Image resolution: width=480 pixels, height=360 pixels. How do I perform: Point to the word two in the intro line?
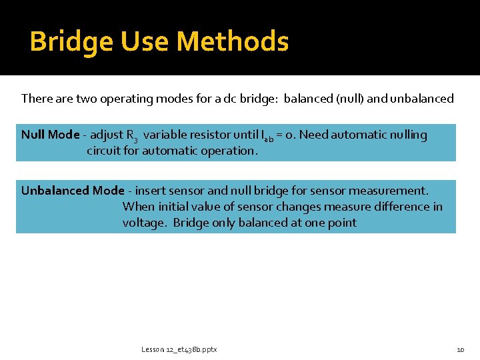coord(87,99)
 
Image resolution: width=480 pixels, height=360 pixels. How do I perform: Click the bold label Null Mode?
coord(50,135)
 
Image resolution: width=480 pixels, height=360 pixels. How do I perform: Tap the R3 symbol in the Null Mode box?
coord(132,136)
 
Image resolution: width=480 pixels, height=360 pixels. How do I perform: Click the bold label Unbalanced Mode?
coord(73,191)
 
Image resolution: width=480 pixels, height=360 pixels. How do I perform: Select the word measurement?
coord(391,191)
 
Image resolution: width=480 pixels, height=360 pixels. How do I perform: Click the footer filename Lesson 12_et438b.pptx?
coord(179,349)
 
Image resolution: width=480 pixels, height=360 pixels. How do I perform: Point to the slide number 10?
coord(460,349)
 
